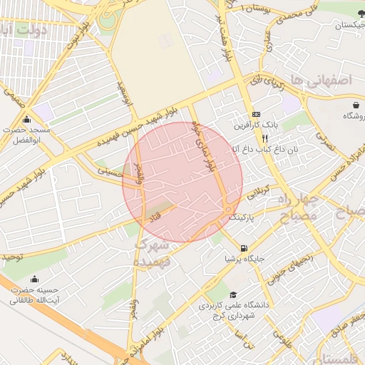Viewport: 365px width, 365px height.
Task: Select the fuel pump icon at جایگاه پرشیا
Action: tap(245, 249)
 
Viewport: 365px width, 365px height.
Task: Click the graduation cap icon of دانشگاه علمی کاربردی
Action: tap(233, 295)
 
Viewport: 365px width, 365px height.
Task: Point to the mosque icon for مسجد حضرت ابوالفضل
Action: tap(27, 119)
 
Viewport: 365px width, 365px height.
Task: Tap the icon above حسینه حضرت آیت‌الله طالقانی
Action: tap(34, 279)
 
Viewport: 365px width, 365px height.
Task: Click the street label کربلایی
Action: tap(258, 192)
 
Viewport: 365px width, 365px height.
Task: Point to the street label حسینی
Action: tap(110, 171)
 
